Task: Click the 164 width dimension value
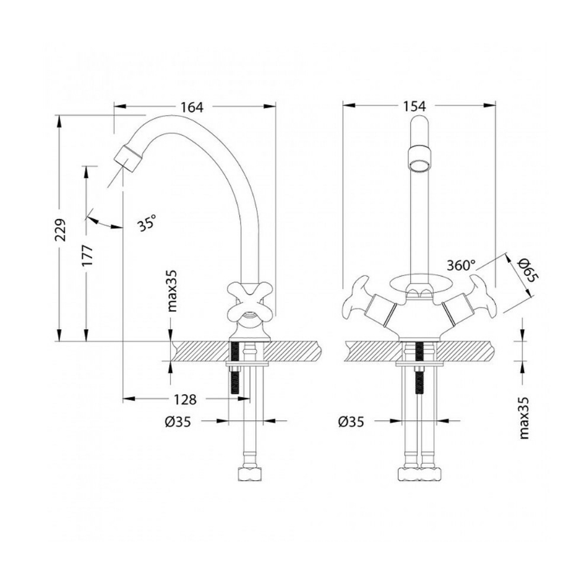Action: (x=192, y=107)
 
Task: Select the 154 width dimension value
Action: (x=414, y=107)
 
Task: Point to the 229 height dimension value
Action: (x=60, y=230)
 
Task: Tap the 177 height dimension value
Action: (x=87, y=255)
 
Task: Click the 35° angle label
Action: (x=147, y=223)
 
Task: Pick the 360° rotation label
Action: (x=461, y=266)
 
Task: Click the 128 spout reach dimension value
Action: (x=185, y=400)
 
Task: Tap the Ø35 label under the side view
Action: (x=178, y=422)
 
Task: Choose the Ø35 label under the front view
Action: (x=351, y=422)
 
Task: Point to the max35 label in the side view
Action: (x=172, y=291)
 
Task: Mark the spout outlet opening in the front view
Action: (x=420, y=165)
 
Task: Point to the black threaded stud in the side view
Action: (x=235, y=367)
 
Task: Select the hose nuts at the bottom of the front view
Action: (x=420, y=474)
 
